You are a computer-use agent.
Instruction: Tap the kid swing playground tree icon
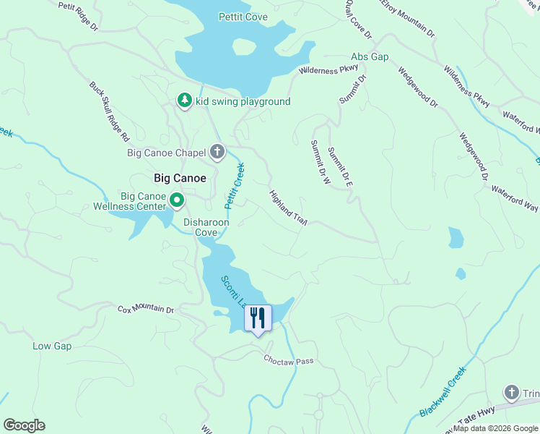185,101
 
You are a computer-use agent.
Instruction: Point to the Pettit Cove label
243,17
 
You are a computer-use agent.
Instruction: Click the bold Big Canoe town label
180,177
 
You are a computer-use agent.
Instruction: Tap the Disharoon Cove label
206,228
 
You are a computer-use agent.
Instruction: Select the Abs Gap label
370,56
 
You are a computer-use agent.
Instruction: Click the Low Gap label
52,346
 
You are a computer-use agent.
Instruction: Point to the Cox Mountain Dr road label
147,310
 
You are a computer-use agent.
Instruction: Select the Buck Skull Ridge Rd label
109,110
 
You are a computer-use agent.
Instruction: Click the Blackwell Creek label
443,391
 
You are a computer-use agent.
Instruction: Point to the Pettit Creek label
235,187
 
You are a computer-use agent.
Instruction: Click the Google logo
24,425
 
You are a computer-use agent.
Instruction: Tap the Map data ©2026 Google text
495,427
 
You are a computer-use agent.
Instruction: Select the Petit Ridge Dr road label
78,16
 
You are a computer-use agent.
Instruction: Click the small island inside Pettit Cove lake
244,47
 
